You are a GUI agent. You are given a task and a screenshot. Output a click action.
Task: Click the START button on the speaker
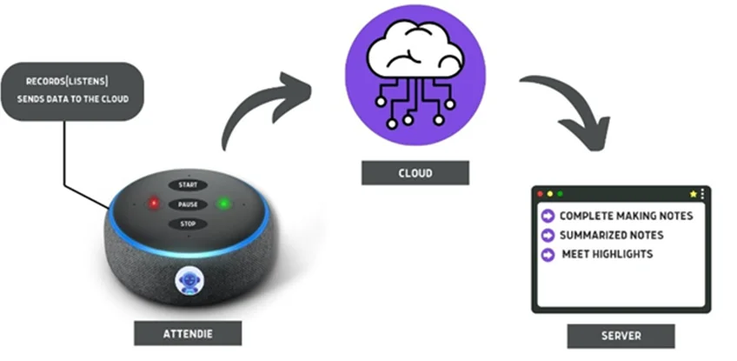pyautogui.click(x=188, y=185)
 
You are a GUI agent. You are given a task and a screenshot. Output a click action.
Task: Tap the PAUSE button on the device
pyautogui.click(x=188, y=204)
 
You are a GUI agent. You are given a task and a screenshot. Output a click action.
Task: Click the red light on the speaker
pyautogui.click(x=153, y=204)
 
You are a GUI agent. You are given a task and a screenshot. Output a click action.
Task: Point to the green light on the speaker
pyautogui.click(x=224, y=204)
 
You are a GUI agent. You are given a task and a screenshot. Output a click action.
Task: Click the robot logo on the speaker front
pyautogui.click(x=189, y=281)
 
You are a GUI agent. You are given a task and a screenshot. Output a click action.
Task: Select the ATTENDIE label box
pyautogui.click(x=188, y=334)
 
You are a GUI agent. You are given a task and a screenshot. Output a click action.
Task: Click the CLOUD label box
pyautogui.click(x=415, y=173)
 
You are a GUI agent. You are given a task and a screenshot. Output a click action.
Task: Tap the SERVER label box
pyautogui.click(x=621, y=336)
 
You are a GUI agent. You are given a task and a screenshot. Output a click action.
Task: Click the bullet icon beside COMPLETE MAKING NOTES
pyautogui.click(x=548, y=216)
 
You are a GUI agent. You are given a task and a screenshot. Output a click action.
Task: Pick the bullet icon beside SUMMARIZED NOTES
pyautogui.click(x=548, y=235)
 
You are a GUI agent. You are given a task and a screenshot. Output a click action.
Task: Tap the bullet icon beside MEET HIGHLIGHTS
pyautogui.click(x=548, y=255)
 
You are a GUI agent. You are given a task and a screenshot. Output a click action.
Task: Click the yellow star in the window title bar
pyautogui.click(x=693, y=194)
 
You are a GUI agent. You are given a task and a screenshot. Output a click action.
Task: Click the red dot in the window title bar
pyautogui.click(x=540, y=194)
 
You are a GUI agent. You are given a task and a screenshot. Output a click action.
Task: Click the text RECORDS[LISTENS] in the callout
pyautogui.click(x=67, y=82)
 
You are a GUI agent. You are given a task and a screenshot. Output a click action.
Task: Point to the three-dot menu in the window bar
pyautogui.click(x=702, y=194)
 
